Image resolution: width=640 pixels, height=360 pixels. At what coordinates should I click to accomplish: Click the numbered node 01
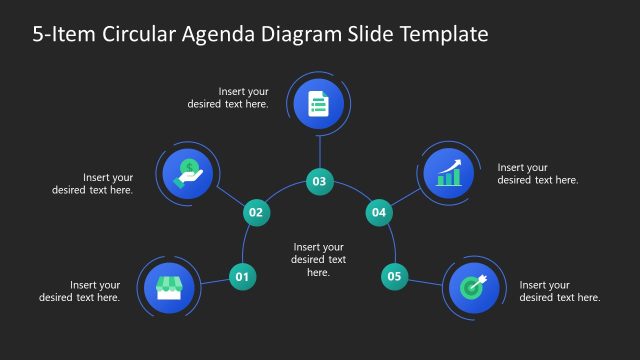[x=242, y=276]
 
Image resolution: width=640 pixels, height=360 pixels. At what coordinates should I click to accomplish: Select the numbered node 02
[x=256, y=212]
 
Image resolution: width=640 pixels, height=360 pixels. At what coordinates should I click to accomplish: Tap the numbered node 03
[x=319, y=182]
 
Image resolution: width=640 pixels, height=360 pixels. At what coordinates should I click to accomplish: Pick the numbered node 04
[x=378, y=212]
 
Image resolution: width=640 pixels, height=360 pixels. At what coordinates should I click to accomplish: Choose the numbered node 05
[x=395, y=276]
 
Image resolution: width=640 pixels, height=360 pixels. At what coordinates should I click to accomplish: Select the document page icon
[x=319, y=104]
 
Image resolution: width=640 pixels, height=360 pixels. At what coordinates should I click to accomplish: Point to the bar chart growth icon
[x=449, y=173]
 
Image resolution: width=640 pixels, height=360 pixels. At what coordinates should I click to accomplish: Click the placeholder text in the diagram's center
[x=319, y=259]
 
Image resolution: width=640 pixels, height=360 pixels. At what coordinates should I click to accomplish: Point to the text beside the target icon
[x=560, y=291]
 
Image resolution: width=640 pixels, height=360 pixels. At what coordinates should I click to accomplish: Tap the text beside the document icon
[x=228, y=97]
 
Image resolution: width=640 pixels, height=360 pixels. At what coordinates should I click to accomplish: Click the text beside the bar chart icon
[x=538, y=173]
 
